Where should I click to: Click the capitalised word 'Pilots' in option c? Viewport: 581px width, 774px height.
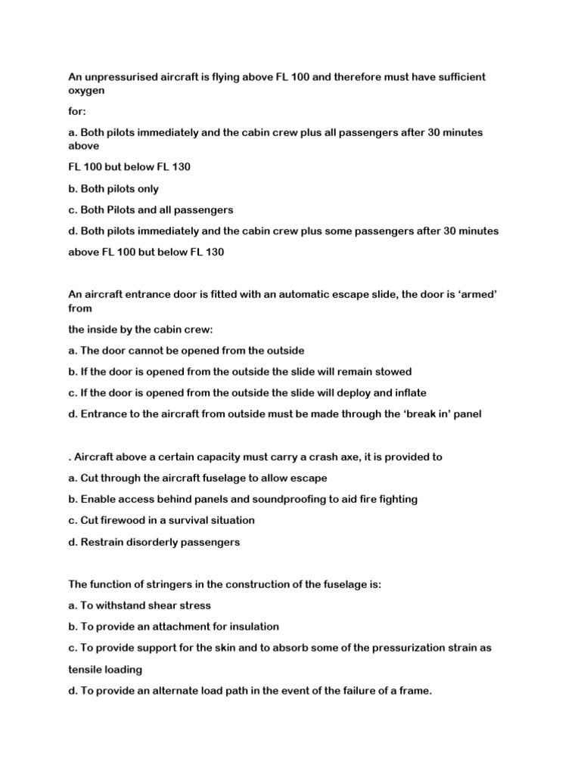(x=128, y=209)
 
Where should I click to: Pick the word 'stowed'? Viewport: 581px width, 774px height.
(x=388, y=371)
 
